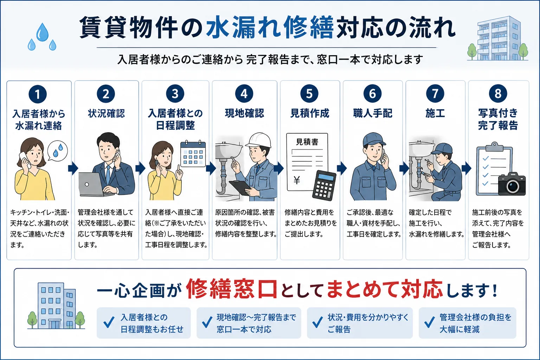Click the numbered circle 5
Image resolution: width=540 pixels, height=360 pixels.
tap(309, 94)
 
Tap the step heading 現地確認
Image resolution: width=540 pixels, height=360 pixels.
tap(244, 113)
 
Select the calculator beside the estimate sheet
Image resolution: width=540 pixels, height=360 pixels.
tap(324, 186)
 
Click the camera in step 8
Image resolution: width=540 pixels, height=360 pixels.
tap(512, 184)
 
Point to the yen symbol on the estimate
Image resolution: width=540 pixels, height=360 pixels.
tap(297, 180)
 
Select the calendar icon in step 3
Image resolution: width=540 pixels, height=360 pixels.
tap(193, 154)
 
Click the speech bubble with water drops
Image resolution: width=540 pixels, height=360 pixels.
tap(57, 150)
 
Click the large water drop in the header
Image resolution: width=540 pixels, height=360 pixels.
tap(43, 32)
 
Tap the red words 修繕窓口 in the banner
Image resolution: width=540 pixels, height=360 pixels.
tap(231, 289)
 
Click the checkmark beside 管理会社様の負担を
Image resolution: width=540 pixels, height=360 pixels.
tap(430, 322)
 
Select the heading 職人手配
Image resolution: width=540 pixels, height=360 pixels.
tap(373, 113)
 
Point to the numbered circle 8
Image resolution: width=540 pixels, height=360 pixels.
tap(498, 94)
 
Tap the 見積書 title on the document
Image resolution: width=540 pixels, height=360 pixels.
tap(307, 142)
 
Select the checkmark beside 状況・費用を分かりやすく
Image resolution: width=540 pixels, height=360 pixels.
tap(317, 322)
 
